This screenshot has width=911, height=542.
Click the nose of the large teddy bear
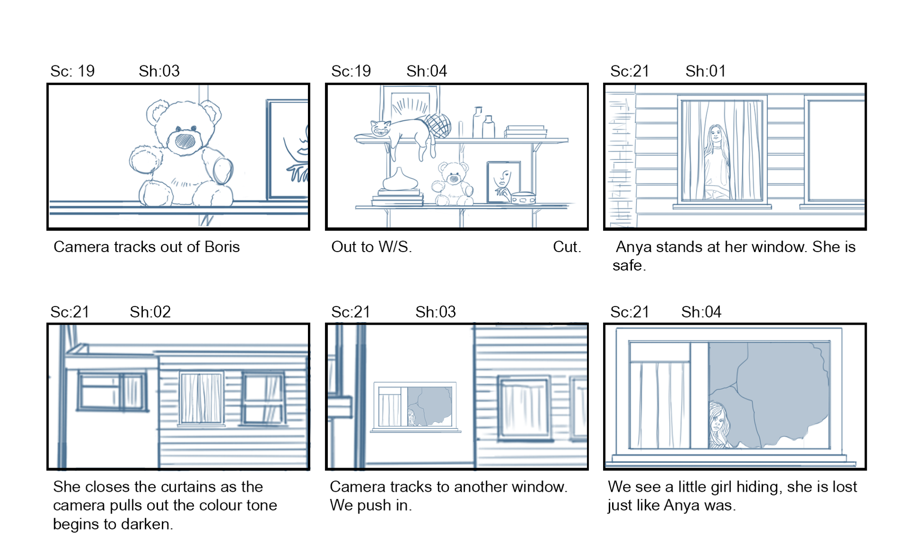point(185,140)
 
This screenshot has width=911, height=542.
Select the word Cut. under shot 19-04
point(567,247)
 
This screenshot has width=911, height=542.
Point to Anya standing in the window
point(716,161)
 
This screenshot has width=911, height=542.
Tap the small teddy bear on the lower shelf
point(453,184)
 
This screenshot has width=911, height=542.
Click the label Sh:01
point(706,71)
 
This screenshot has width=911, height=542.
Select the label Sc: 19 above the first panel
point(73,71)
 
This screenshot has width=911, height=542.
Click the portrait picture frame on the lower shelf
point(503,182)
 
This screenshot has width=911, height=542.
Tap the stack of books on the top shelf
point(525,131)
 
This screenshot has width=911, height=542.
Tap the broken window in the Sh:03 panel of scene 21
point(414,406)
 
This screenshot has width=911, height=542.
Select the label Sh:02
point(150,312)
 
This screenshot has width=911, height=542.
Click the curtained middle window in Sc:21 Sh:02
point(201,398)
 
